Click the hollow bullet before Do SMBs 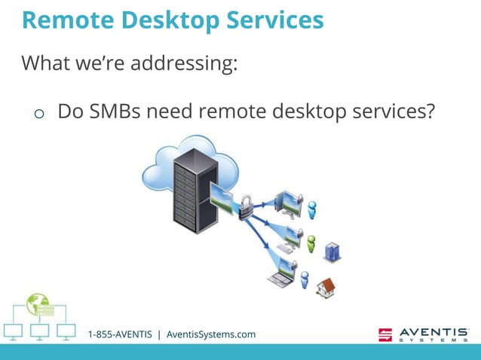click(38, 114)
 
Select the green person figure click(310, 243)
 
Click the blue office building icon click(332, 252)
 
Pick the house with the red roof click(325, 286)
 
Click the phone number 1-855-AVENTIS click(120, 334)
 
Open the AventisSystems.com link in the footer click(211, 334)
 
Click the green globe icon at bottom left click(37, 304)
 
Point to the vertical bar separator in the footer click(159, 334)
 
